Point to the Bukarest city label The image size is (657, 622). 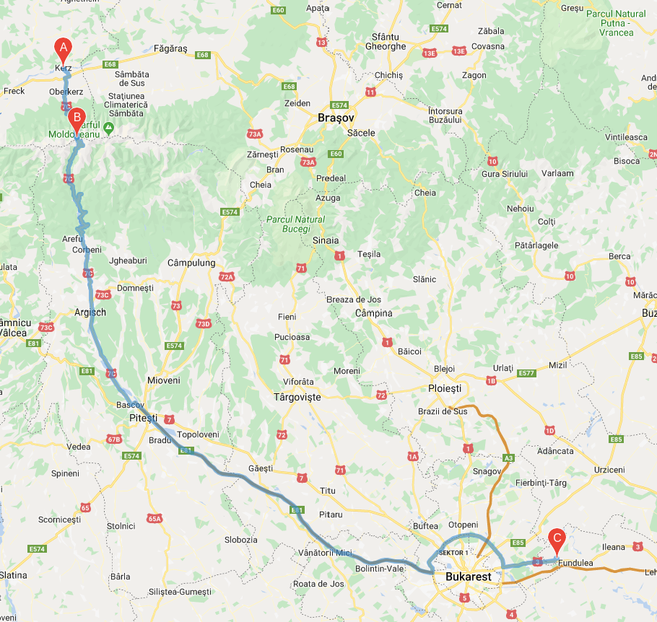(469, 577)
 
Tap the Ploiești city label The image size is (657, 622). (448, 388)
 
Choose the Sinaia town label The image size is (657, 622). (326, 240)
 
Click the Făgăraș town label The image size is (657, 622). (170, 48)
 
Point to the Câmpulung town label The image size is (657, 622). (191, 263)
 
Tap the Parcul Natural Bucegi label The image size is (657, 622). (296, 224)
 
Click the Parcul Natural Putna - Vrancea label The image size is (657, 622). (616, 23)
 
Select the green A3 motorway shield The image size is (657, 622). (509, 457)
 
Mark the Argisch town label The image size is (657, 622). (90, 312)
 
